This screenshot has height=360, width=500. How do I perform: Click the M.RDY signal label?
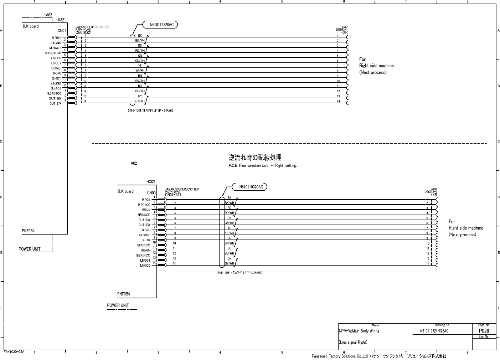(56, 38)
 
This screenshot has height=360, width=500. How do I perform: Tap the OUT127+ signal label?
(55, 104)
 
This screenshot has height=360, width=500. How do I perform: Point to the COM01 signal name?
(56, 68)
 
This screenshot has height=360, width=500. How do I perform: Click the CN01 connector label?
(62, 31)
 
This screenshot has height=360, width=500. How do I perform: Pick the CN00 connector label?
(151, 193)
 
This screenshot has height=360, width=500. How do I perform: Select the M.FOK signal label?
(146, 200)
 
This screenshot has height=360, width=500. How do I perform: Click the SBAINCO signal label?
(143, 255)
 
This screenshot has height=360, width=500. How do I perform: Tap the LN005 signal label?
(145, 266)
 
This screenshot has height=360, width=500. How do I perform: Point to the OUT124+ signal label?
(144, 220)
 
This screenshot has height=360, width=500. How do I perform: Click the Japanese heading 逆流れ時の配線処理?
(255, 158)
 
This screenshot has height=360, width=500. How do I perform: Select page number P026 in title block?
(484, 331)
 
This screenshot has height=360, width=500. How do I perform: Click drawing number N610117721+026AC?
(434, 331)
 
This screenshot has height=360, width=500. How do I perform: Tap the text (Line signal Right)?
(353, 343)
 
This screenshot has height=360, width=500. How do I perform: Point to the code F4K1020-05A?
(14, 352)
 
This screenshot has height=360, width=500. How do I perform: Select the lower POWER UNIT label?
(118, 305)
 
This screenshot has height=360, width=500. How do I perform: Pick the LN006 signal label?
(56, 58)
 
